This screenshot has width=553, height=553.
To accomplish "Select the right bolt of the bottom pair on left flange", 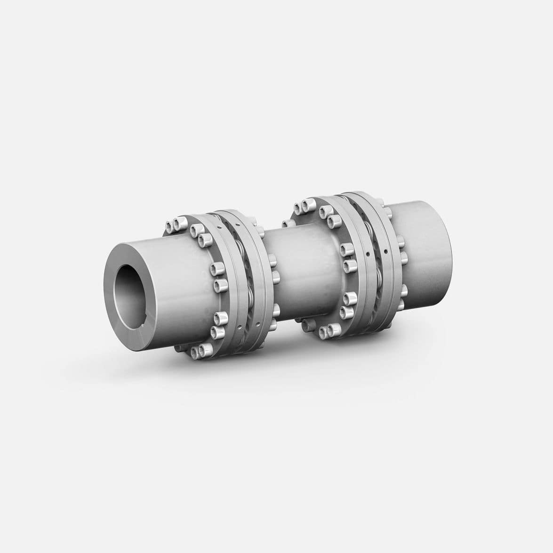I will click(x=206, y=349).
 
